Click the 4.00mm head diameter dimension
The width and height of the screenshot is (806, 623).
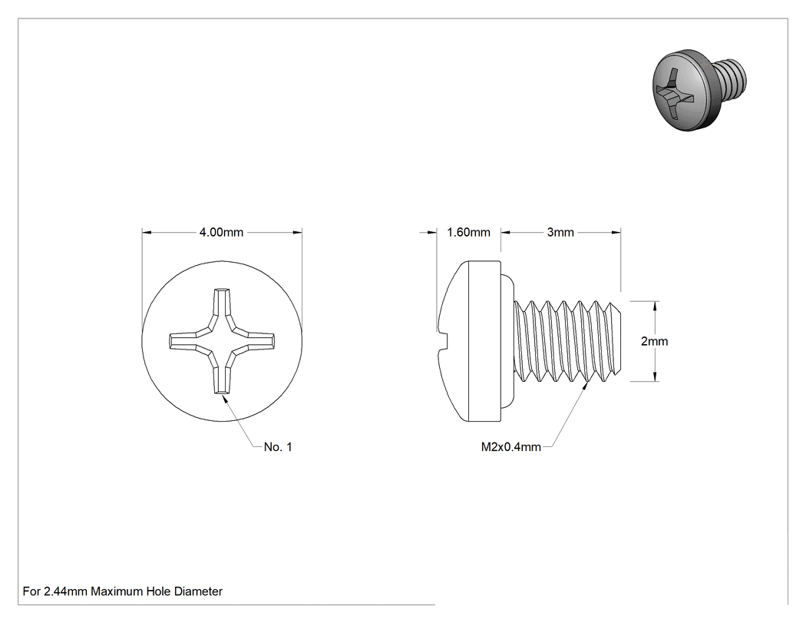(221, 233)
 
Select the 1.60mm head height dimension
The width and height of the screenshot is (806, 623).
(468, 233)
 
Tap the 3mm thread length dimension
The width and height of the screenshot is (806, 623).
(560, 233)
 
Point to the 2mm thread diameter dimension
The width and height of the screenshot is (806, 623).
(654, 341)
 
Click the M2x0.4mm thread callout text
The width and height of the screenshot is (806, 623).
(511, 447)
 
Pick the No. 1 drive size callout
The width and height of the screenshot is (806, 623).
(278, 447)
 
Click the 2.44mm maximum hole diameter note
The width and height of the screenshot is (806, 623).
(122, 592)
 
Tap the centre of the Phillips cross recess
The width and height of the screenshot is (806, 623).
(222, 341)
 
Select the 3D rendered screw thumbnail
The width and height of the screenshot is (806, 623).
(699, 90)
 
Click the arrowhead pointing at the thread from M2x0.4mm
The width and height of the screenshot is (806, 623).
(586, 386)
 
